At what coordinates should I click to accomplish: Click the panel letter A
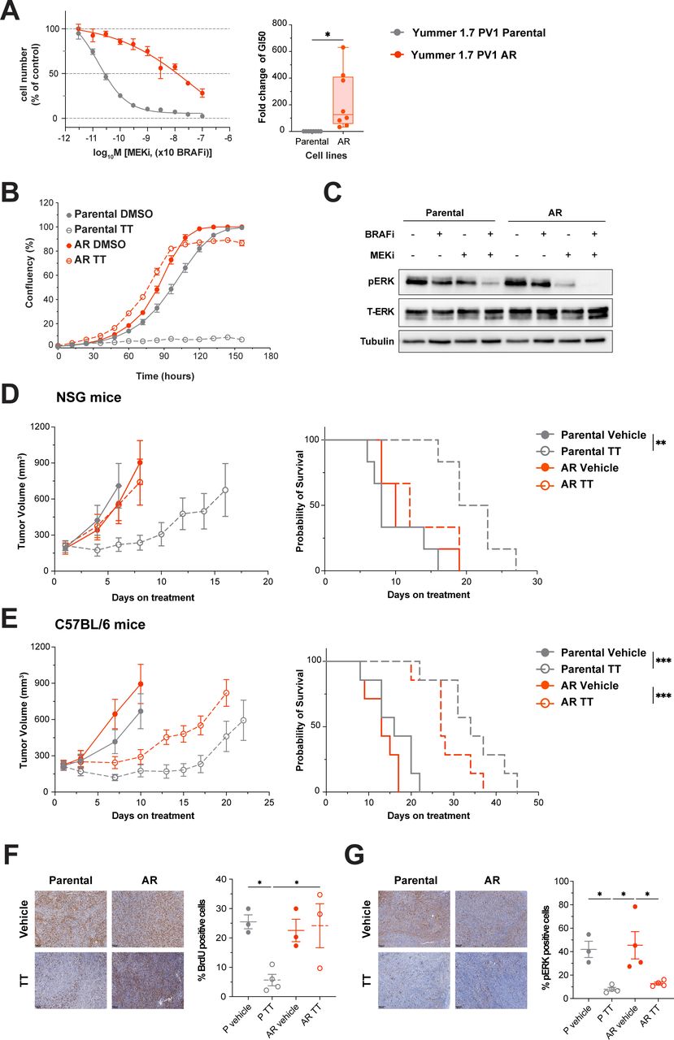click(x=11, y=11)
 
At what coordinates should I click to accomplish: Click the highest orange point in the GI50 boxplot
click(x=344, y=47)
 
